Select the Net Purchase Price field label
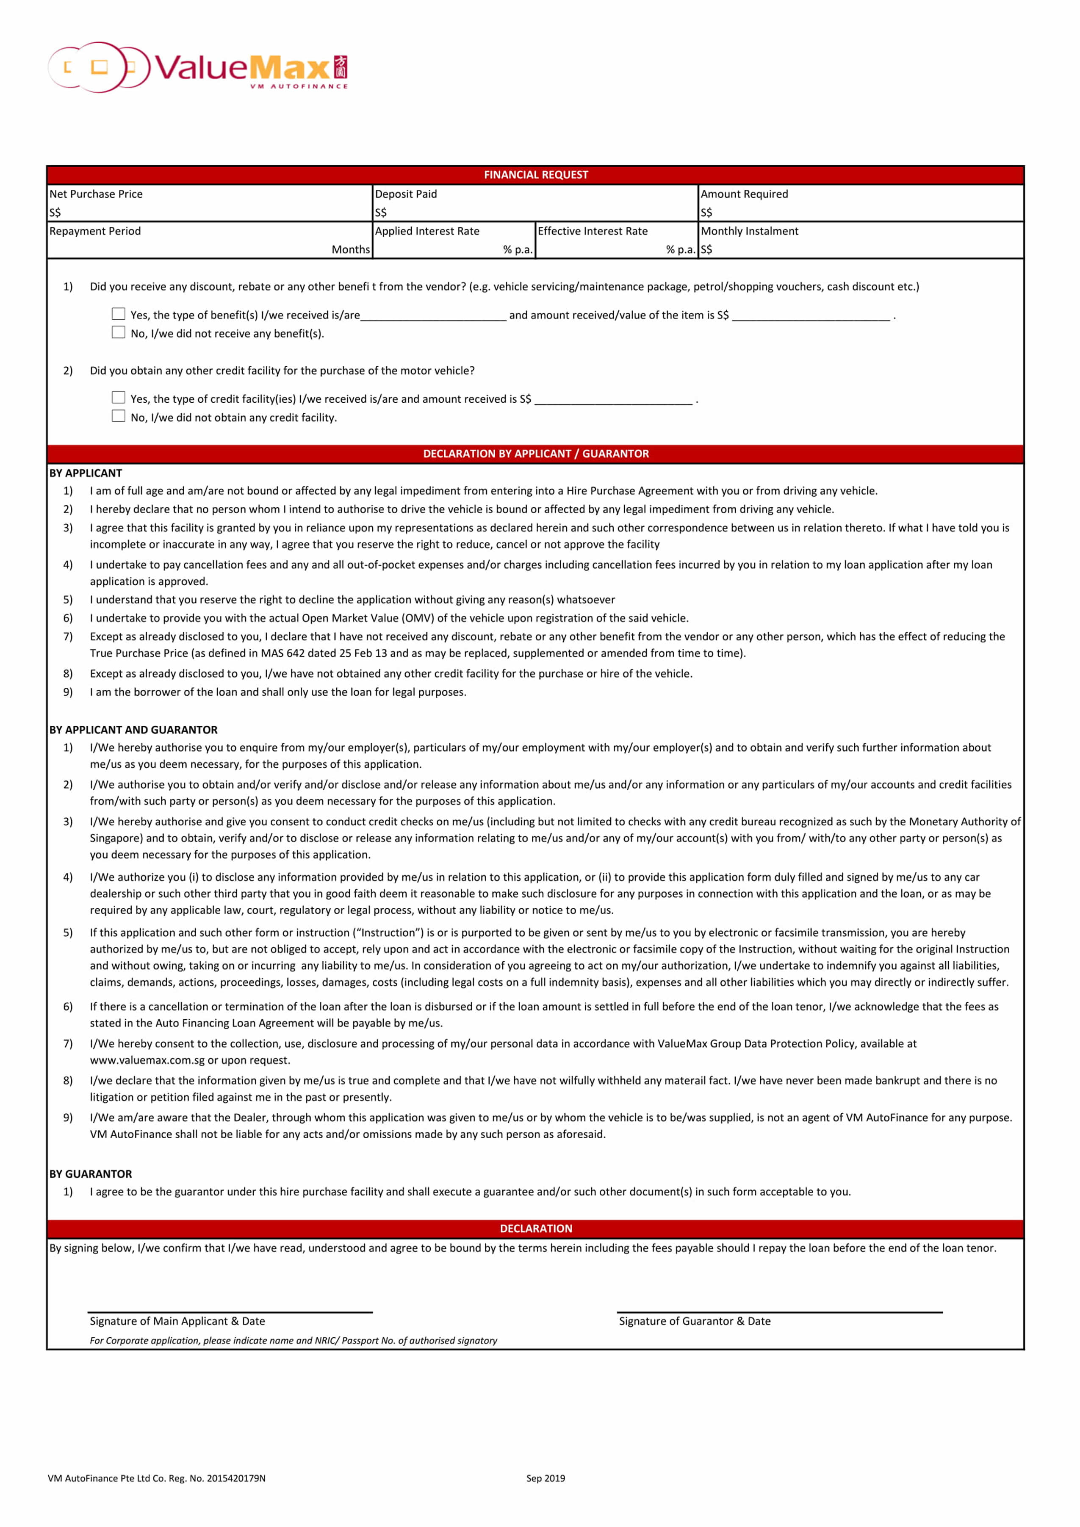(x=96, y=194)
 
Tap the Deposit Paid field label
(x=406, y=194)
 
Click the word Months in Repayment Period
(x=350, y=249)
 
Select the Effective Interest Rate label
(x=593, y=232)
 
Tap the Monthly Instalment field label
(x=750, y=232)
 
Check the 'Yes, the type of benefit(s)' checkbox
(x=118, y=314)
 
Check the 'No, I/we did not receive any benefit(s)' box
(x=118, y=332)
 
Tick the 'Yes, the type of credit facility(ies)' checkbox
(x=118, y=398)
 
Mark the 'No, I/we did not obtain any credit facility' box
(x=118, y=416)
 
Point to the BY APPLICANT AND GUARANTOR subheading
(x=133, y=730)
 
